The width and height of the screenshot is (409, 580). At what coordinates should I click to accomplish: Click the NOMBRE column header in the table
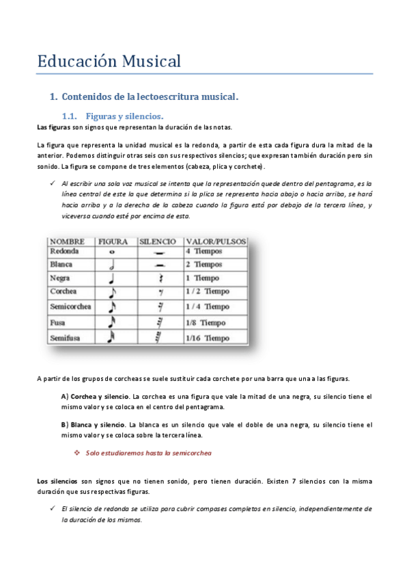point(67,241)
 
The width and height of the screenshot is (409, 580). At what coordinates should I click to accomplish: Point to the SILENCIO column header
point(158,241)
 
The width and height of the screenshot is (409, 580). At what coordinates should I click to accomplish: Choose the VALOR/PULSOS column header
point(216,241)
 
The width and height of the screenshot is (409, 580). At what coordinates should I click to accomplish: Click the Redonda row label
point(64,252)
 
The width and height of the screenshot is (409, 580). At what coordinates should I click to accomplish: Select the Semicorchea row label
point(70,306)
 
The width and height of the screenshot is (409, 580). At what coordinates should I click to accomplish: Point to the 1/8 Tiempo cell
point(206,322)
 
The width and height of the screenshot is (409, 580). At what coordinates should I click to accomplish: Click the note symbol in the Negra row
point(112,278)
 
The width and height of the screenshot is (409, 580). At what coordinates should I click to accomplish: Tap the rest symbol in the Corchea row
point(159,293)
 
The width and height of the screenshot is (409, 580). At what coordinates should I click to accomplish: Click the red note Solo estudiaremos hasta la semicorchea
point(149,453)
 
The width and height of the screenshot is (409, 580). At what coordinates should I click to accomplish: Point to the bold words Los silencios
point(57,482)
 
